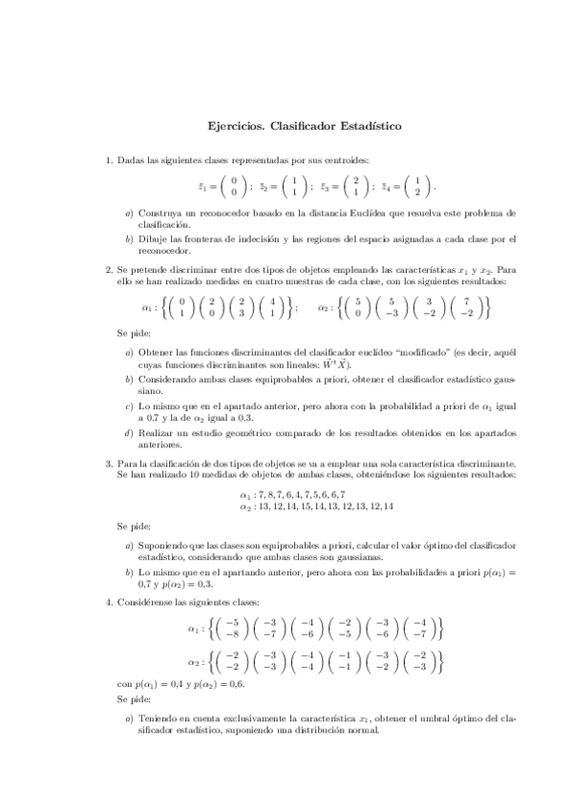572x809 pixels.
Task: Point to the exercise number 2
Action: pyautogui.click(x=109, y=270)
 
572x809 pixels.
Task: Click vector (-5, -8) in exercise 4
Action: pyautogui.click(x=231, y=628)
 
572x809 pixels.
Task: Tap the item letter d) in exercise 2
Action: pyautogui.click(x=129, y=433)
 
